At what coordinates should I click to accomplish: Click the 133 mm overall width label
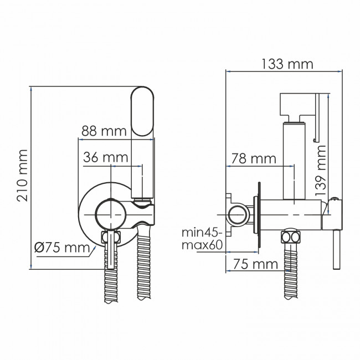pos(287,64)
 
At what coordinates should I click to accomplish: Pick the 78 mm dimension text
pos(254,159)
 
